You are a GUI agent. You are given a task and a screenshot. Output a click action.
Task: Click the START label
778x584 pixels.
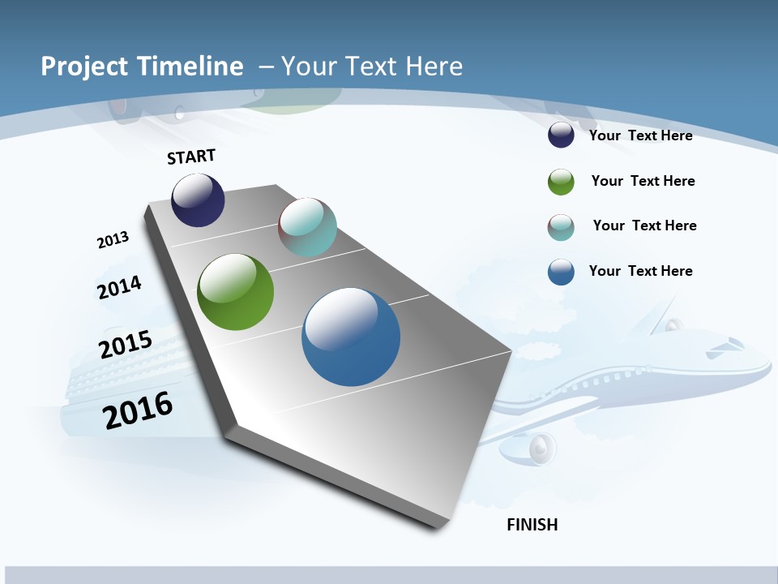point(191,157)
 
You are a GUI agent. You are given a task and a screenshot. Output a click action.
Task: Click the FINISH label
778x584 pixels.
point(532,525)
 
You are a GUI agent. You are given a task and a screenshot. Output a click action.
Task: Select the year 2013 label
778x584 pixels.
point(113,240)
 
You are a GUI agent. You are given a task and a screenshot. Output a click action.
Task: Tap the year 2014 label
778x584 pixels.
point(119,287)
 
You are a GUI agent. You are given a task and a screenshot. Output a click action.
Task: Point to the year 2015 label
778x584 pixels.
point(125,344)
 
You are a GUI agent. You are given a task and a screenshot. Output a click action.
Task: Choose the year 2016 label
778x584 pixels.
point(138,410)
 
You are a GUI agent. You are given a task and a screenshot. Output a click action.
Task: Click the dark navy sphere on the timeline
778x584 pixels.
point(198,200)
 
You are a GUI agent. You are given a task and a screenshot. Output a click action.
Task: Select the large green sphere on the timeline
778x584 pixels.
point(235,292)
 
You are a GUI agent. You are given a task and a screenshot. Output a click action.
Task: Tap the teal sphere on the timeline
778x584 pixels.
point(307,227)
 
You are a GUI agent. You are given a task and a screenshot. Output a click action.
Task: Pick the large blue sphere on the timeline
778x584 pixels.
point(351,337)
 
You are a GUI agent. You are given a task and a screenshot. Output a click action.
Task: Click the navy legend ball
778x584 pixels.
point(561,135)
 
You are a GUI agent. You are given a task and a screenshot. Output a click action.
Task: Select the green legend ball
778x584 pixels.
point(561,182)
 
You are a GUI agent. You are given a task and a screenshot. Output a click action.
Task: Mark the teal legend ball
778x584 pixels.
point(561,227)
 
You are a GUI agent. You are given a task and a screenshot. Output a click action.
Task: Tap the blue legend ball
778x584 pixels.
point(561,272)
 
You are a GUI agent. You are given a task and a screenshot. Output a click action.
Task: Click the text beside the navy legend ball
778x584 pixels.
point(640,135)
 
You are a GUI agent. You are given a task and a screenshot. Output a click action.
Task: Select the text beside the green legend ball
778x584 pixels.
point(643,181)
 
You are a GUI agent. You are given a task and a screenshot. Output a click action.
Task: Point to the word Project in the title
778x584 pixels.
point(84,67)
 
